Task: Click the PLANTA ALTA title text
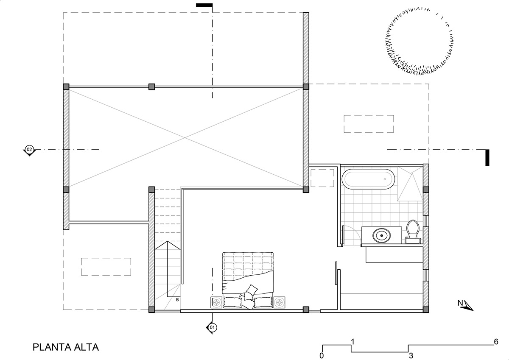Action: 66,347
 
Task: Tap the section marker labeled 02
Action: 29,150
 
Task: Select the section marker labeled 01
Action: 212,327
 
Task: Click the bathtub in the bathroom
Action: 368,179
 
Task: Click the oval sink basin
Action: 381,235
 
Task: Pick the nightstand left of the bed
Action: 217,302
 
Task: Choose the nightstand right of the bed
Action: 279,302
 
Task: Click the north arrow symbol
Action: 466,305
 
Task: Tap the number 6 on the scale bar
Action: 496,342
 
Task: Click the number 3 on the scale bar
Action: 411,356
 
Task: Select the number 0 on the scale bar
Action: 322,356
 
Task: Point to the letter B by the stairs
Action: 177,300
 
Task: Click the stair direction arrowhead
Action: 168,245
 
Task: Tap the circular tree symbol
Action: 420,41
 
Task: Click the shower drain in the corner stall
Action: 411,174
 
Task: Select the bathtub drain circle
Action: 385,179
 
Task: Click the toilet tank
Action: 413,240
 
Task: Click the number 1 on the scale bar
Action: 352,342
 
